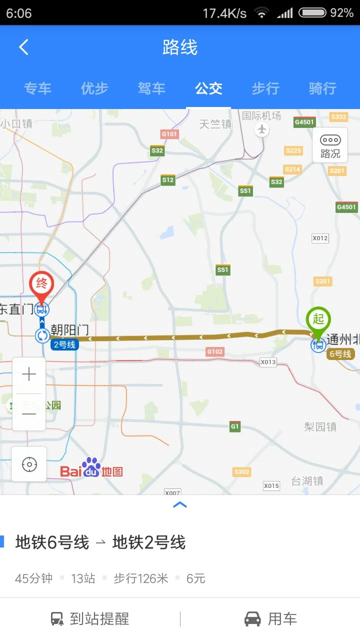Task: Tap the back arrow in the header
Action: (23, 47)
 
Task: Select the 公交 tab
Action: (208, 89)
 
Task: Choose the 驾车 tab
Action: (151, 89)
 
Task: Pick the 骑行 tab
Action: (322, 89)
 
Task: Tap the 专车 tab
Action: (37, 89)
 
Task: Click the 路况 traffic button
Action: (330, 145)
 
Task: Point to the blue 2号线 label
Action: (64, 344)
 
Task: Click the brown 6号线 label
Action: (340, 354)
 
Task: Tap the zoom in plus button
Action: (29, 374)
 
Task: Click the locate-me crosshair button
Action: (29, 464)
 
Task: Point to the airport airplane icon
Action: (261, 129)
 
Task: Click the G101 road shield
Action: (169, 134)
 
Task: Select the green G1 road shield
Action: (235, 426)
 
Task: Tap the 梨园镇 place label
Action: (320, 427)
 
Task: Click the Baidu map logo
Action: (91, 468)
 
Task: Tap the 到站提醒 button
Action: (90, 619)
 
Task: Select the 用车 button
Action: (270, 619)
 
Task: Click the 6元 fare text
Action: (196, 579)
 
